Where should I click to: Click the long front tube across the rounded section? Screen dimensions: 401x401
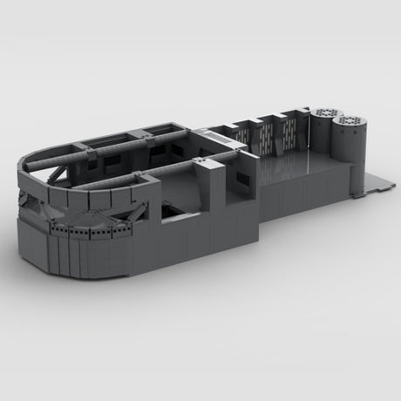click(x=131, y=178)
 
